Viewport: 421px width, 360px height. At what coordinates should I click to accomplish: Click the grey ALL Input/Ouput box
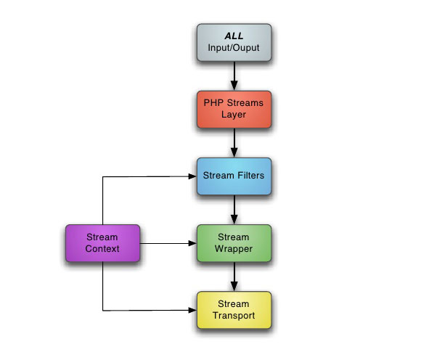[x=234, y=42]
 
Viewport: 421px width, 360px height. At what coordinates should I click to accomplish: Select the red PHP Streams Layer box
[x=234, y=110]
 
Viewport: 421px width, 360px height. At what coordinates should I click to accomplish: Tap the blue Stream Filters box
[x=234, y=176]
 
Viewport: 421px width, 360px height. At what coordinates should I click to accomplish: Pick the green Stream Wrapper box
[x=234, y=243]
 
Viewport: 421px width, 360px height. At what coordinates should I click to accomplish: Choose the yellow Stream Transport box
[x=234, y=310]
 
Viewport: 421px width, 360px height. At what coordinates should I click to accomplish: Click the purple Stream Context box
[x=102, y=243]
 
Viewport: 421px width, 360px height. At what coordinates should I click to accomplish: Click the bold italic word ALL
[x=234, y=36]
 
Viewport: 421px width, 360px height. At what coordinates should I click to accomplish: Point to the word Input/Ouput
[x=234, y=48]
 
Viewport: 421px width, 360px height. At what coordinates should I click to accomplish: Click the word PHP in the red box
[x=213, y=102]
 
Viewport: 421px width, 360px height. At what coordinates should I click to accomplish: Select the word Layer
[x=234, y=115]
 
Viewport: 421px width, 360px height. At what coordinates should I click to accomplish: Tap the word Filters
[x=250, y=176]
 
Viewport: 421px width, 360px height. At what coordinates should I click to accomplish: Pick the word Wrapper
[x=234, y=249]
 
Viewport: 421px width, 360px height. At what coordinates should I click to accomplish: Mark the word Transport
[x=234, y=316]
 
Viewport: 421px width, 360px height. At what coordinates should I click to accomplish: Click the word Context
[x=102, y=249]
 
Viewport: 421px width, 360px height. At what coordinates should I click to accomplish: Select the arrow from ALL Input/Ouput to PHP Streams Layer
[x=234, y=76]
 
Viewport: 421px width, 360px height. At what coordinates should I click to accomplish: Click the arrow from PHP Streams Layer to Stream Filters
[x=234, y=143]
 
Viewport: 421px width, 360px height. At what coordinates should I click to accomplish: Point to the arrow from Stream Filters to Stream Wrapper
[x=234, y=210]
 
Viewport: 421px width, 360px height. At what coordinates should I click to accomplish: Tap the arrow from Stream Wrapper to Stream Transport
[x=234, y=277]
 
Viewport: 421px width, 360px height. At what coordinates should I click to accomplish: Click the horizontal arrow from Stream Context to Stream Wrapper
[x=168, y=243]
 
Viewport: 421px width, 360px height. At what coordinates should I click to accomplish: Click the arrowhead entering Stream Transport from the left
[x=192, y=311]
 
